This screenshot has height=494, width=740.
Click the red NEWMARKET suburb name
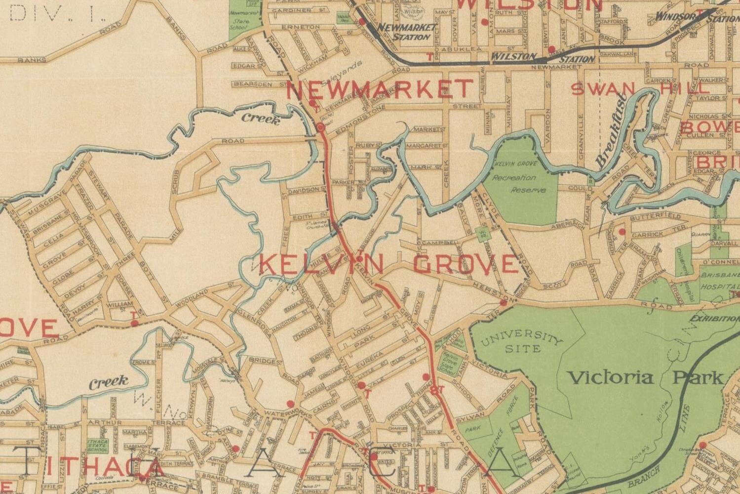[379, 89]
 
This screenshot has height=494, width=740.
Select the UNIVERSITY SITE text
[521, 343]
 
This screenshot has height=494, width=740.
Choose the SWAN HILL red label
[640, 89]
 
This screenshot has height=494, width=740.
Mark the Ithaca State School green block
[97, 446]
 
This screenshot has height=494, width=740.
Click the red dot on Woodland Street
[134, 323]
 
